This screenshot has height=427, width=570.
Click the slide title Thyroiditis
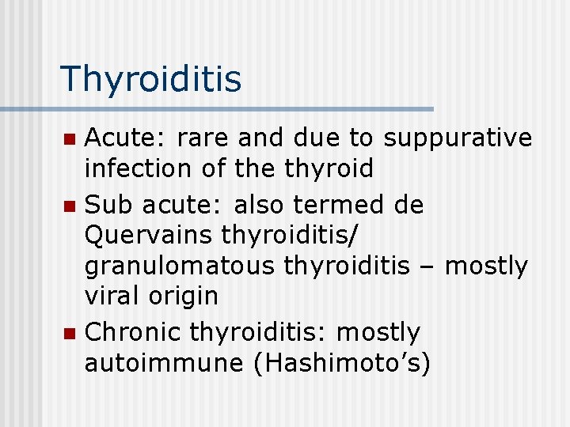pyautogui.click(x=150, y=79)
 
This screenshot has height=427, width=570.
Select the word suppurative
pyautogui.click(x=457, y=138)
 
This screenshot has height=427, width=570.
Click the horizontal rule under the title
pyautogui.click(x=216, y=108)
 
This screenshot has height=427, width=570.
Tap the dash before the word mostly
pyautogui.click(x=427, y=267)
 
